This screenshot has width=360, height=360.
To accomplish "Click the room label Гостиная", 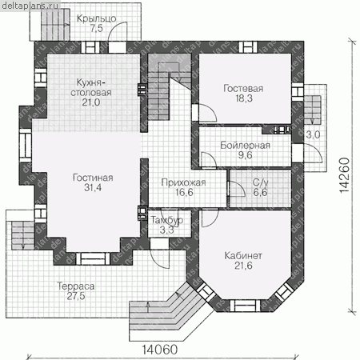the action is click(93, 178).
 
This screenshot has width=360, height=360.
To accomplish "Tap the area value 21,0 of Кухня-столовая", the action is click(91, 102).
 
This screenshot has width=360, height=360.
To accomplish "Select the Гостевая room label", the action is click(243, 89).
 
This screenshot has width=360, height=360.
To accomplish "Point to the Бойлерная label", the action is click(245, 146).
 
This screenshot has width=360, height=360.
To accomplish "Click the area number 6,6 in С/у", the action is click(260, 192).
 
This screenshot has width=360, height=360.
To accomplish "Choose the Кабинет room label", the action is click(243, 256).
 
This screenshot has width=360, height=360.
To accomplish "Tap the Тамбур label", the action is click(167, 220).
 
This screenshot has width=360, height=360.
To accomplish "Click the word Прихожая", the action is click(183, 182).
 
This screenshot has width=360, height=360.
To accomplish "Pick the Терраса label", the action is click(76, 286).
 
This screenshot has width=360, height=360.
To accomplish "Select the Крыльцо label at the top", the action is click(97, 18).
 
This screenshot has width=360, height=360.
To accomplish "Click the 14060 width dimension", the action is click(160, 350).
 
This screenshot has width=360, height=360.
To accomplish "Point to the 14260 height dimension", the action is click(344, 175).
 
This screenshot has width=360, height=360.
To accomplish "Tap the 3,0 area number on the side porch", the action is click(313, 134).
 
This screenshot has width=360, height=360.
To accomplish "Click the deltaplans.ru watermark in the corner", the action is click(30, 6).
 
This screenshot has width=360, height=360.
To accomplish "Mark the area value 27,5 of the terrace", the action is click(76, 296).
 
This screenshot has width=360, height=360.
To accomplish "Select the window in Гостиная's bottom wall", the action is click(93, 258).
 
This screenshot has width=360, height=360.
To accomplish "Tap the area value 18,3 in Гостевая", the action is click(244, 98).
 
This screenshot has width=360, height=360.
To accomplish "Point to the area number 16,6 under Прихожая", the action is click(184, 192).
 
